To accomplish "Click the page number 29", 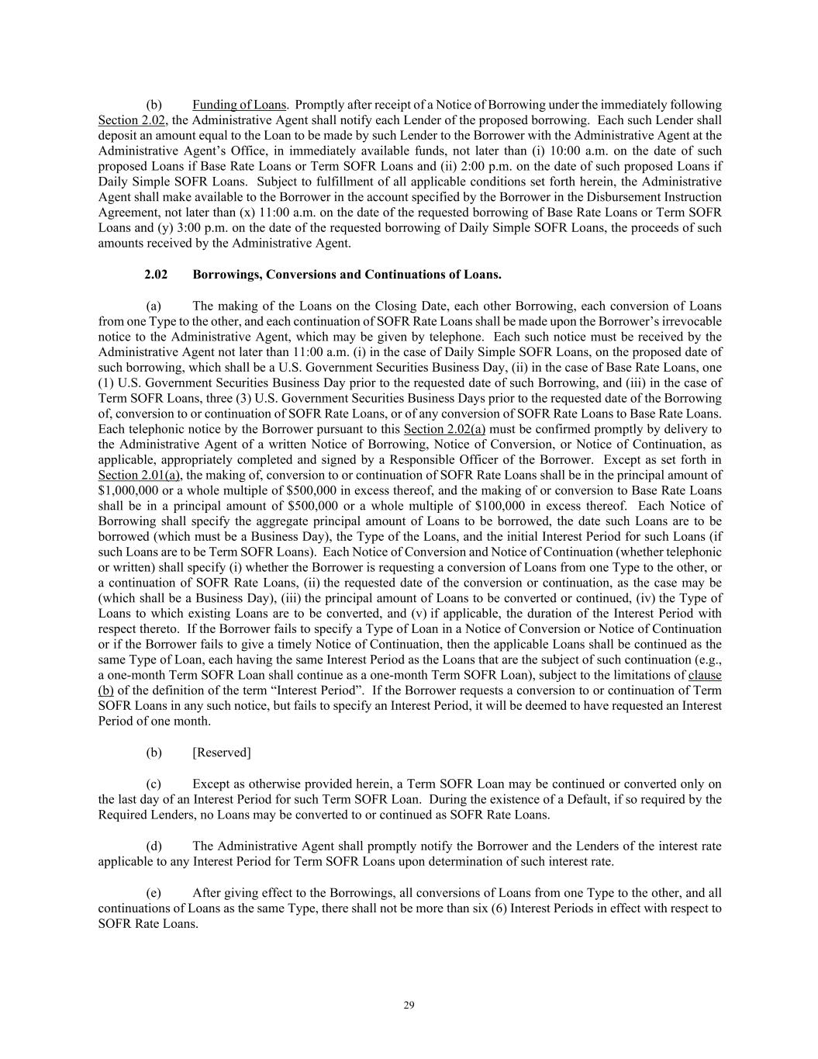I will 409,1005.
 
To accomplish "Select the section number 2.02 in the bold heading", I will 156,275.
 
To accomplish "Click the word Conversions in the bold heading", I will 299,275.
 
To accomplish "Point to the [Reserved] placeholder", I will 222,753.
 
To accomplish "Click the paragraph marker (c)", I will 154,784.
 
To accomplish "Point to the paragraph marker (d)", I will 154,846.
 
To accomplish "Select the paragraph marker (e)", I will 154,893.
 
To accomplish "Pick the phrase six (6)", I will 486,908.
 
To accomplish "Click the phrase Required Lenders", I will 140,815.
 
